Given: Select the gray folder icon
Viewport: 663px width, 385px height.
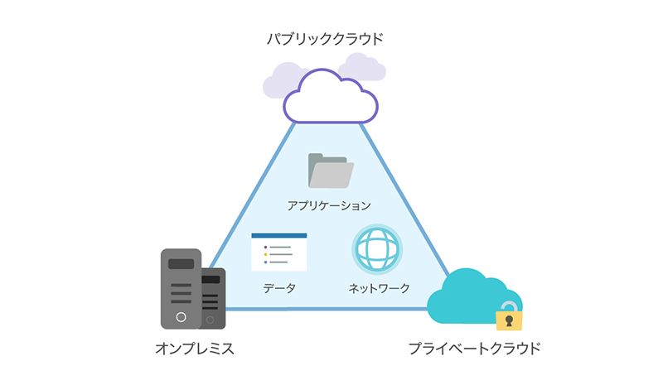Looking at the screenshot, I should pos(330,171).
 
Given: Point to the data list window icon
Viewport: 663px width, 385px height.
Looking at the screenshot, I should pos(279,252).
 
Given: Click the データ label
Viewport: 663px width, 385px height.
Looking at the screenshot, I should pos(279,288).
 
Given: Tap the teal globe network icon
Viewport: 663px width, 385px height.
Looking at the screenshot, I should pos(377,248).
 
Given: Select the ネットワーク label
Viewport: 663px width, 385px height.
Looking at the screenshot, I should pos(379,288).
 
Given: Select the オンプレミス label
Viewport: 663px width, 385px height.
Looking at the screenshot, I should pos(195,349).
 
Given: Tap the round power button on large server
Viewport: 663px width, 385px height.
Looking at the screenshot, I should pos(181,317).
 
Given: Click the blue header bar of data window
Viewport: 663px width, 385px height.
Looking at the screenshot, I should pos(279,236).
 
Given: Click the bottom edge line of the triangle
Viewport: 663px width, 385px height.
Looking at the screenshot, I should pos(331,309).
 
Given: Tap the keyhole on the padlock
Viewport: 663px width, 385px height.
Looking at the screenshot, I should pos(508,321).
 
